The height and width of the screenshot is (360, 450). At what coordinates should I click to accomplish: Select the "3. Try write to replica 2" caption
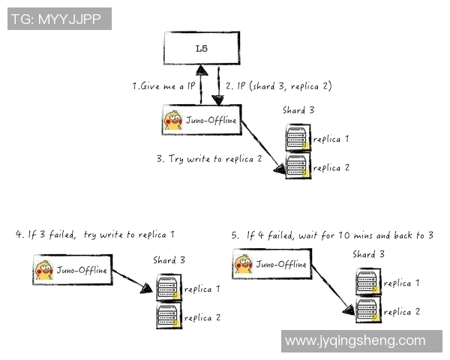point(210,159)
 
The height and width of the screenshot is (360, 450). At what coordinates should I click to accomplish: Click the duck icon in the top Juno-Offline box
point(174,120)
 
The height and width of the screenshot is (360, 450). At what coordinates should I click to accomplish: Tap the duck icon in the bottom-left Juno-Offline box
point(45,270)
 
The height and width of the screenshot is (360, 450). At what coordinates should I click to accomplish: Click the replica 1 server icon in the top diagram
point(298,139)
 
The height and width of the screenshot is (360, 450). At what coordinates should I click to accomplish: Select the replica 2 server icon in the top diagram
point(298,166)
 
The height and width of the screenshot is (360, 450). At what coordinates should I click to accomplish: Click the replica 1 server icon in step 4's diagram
point(168,289)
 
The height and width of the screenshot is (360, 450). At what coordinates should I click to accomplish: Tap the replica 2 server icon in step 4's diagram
point(168,316)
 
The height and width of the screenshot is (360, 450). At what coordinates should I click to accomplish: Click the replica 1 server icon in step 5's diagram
point(367,283)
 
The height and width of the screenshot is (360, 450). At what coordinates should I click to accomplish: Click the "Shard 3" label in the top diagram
point(298,110)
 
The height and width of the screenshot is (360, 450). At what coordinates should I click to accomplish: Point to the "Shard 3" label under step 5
point(368,255)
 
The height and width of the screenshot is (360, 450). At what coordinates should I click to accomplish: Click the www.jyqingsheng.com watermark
point(355,341)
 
